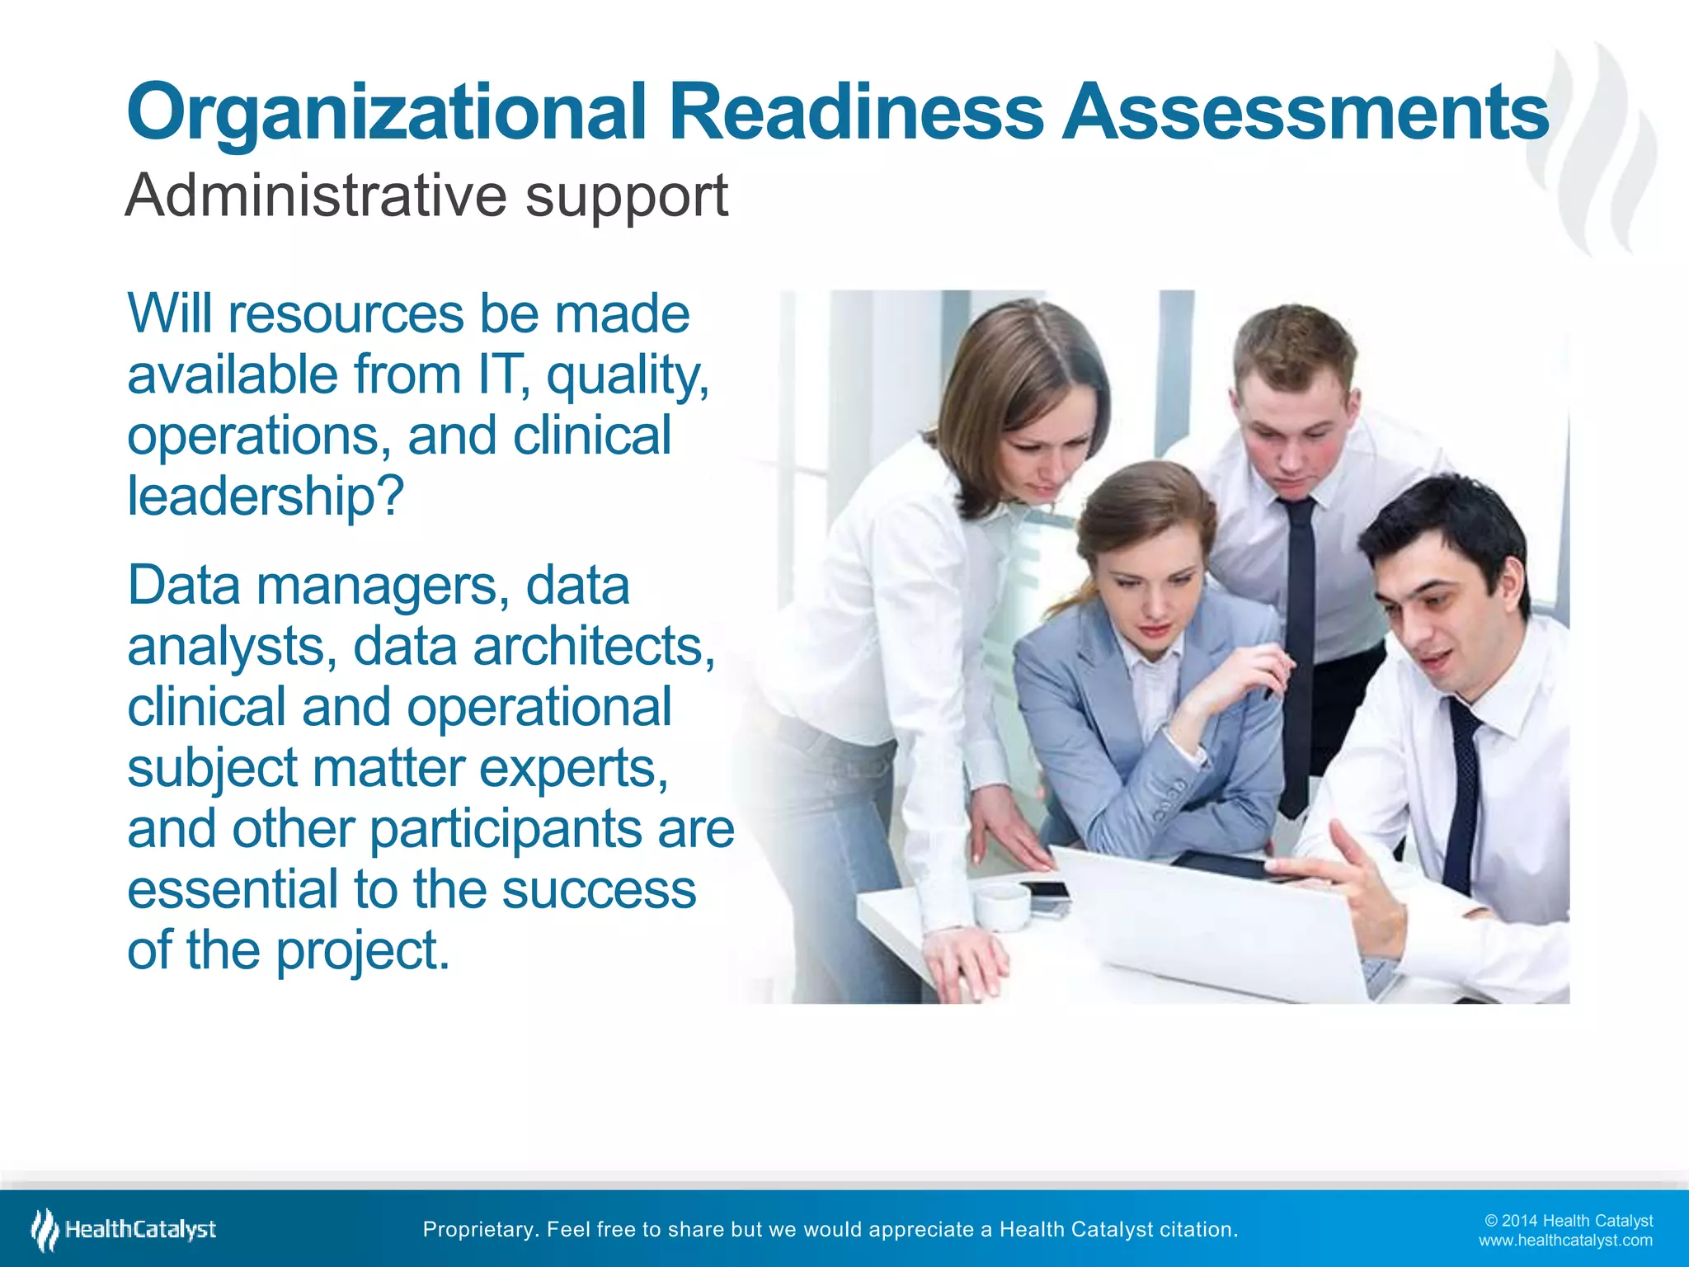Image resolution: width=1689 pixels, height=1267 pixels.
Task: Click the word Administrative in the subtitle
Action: click(316, 195)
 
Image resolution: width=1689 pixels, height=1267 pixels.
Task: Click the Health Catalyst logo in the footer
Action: click(124, 1229)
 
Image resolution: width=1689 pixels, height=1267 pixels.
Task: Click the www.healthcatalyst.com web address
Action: click(1564, 1240)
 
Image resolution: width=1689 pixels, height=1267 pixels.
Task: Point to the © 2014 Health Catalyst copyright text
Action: click(1568, 1221)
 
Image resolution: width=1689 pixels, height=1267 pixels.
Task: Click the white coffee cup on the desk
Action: click(1001, 907)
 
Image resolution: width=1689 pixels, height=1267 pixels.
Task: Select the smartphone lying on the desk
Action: click(1043, 893)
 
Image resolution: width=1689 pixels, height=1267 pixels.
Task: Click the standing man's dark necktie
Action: click(1298, 643)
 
